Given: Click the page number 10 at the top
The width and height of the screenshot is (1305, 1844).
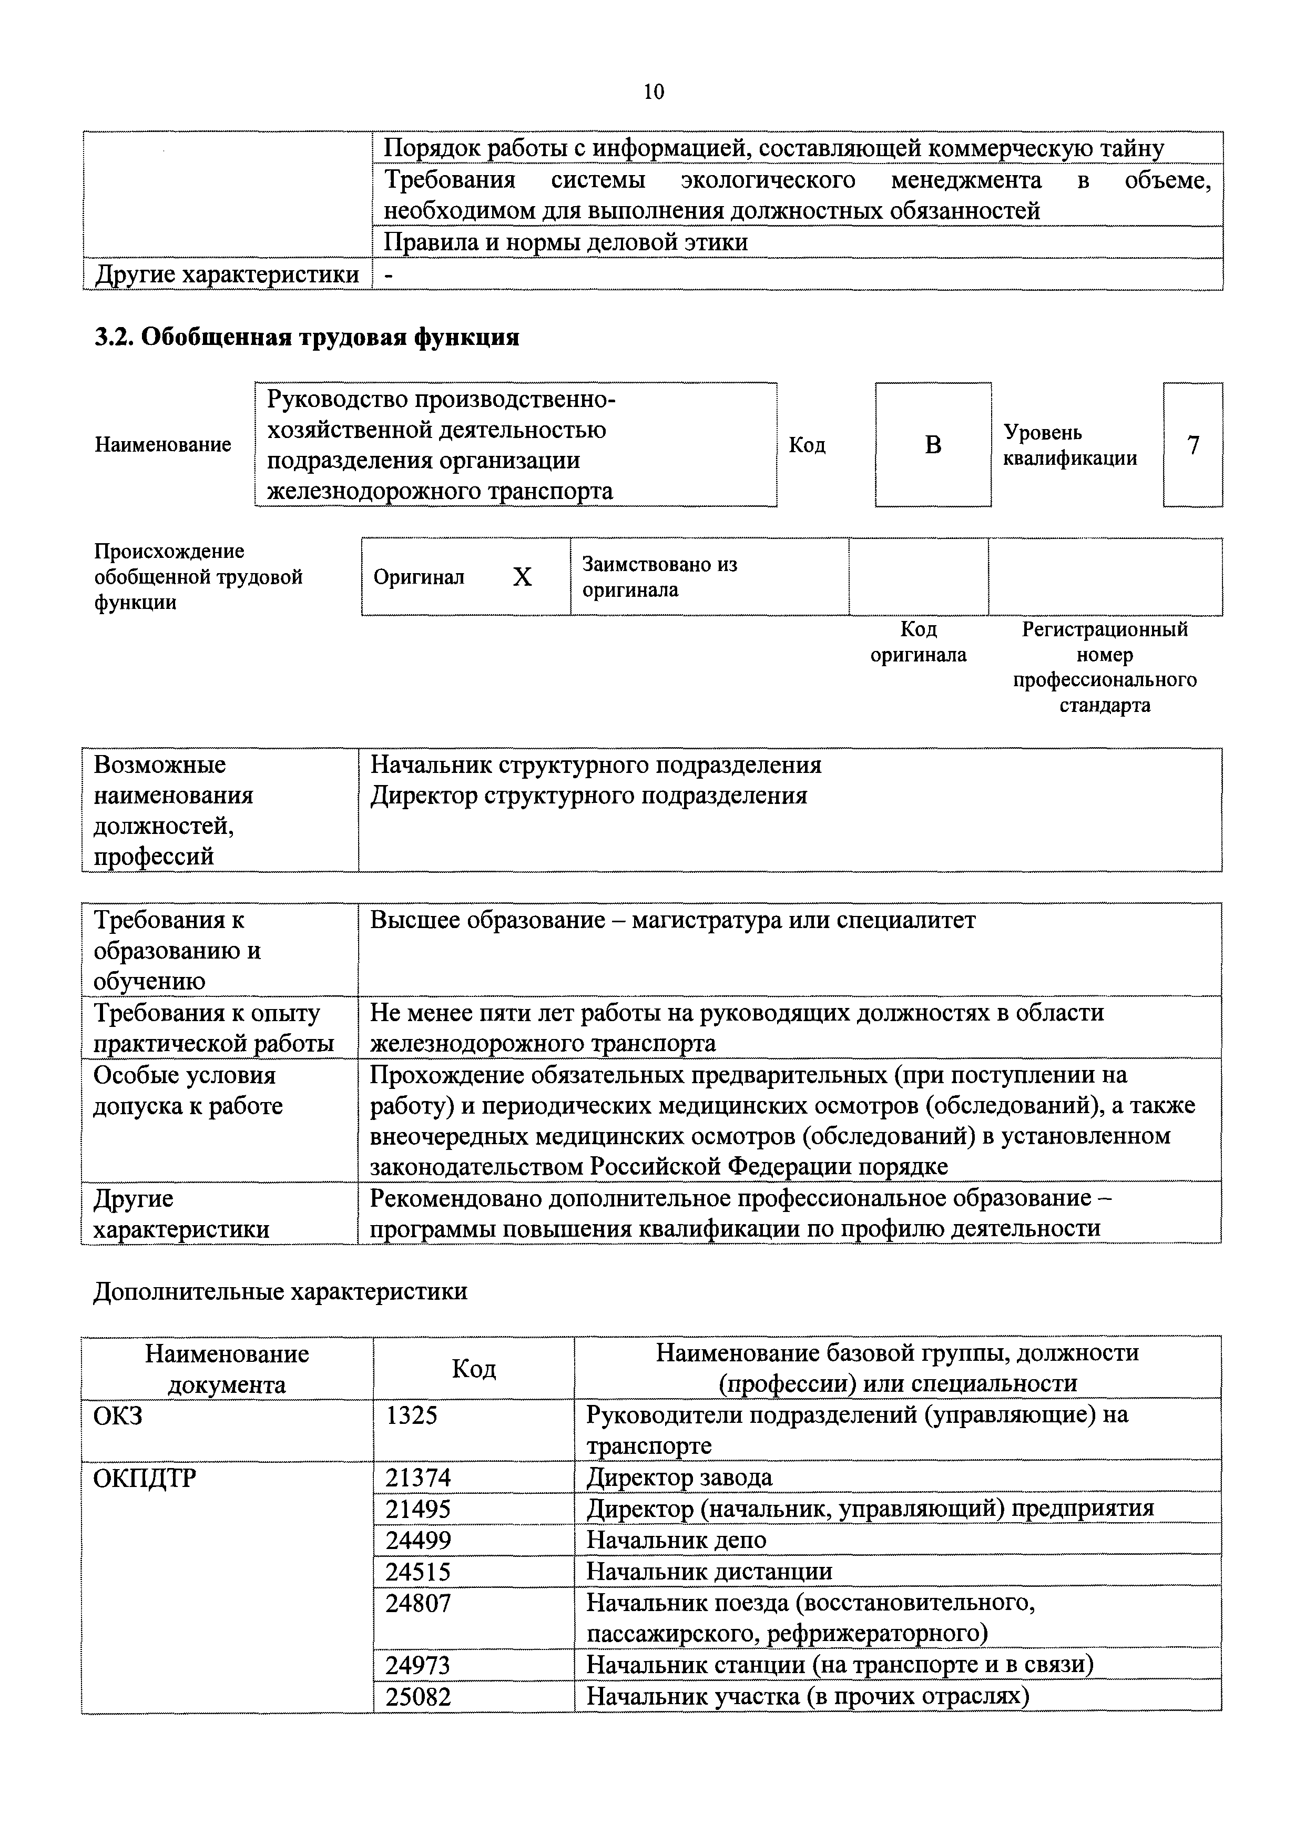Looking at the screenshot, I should coord(654,93).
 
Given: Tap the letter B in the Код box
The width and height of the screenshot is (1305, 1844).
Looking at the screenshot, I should coord(932,445).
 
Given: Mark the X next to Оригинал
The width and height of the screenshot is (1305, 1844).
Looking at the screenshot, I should coord(522,577).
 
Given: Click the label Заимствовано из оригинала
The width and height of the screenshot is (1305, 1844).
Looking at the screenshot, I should coord(660,577).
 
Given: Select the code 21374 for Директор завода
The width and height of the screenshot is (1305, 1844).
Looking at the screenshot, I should coord(418,1478).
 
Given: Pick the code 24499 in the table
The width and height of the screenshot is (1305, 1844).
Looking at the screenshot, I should coord(418,1540).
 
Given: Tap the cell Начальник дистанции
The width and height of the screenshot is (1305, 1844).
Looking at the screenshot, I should coord(709,1572).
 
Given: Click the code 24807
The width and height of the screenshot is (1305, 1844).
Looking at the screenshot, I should coord(418,1604).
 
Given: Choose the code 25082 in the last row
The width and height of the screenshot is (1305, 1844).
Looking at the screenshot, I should coord(418,1697).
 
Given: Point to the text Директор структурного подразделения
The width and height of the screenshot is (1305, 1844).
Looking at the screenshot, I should coord(588,796).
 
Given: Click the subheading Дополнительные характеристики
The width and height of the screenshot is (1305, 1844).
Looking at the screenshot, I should coord(280,1291).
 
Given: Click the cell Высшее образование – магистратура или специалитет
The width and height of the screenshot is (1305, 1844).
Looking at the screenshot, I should coord(672,920).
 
